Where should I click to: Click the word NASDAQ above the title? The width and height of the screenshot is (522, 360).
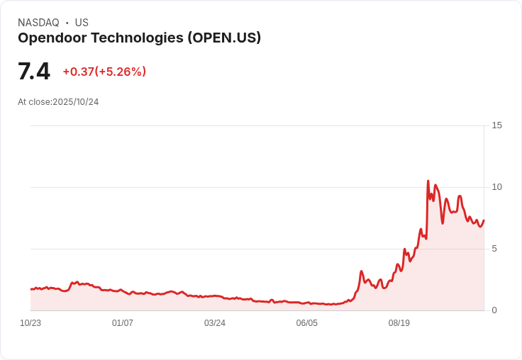(38, 23)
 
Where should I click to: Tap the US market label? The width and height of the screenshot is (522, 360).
(82, 23)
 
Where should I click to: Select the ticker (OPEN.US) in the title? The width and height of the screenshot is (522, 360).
(224, 38)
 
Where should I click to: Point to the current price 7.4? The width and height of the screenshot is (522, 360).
(34, 72)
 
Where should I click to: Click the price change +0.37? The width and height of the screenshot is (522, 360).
(78, 72)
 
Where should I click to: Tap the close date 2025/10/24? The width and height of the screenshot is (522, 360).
(75, 102)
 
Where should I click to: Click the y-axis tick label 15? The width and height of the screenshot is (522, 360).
(496, 125)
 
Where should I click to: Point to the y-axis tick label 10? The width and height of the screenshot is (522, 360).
(496, 187)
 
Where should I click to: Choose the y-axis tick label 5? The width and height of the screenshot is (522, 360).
(494, 249)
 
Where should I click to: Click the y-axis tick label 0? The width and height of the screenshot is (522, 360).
(494, 310)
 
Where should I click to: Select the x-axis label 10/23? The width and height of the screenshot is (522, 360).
(30, 323)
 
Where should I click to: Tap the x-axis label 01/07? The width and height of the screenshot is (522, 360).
(123, 323)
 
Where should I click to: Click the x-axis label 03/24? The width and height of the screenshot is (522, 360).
(215, 323)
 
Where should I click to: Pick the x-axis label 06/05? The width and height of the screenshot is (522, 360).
(307, 323)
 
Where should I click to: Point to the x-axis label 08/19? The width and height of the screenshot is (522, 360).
(399, 323)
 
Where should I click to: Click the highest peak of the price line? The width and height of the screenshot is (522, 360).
(428, 181)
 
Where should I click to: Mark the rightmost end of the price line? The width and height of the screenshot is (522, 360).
(484, 220)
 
